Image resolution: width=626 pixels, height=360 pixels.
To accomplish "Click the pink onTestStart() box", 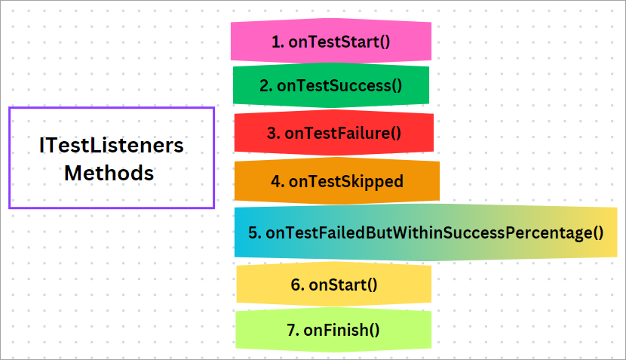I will [330, 41].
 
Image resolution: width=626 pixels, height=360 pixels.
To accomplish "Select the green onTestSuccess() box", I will [330, 86].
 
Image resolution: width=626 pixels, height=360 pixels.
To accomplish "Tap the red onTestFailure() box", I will [333, 133].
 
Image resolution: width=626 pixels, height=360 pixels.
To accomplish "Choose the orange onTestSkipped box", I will [336, 181].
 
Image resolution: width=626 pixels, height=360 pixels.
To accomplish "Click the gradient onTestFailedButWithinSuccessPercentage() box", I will [425, 232].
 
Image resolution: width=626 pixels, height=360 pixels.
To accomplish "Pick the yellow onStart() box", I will [333, 285].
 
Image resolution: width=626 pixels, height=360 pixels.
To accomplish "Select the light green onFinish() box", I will [333, 330].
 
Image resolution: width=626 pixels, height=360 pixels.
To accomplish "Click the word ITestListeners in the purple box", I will [112, 145].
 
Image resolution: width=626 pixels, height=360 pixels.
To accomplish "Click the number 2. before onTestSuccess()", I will [265, 86].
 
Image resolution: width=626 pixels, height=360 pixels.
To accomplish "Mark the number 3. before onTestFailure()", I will [273, 133].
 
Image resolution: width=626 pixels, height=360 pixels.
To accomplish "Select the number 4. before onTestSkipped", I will [277, 181].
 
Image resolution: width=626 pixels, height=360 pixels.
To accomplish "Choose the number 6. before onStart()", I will [296, 285].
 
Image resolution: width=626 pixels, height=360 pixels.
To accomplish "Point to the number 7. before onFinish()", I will [293, 330].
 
